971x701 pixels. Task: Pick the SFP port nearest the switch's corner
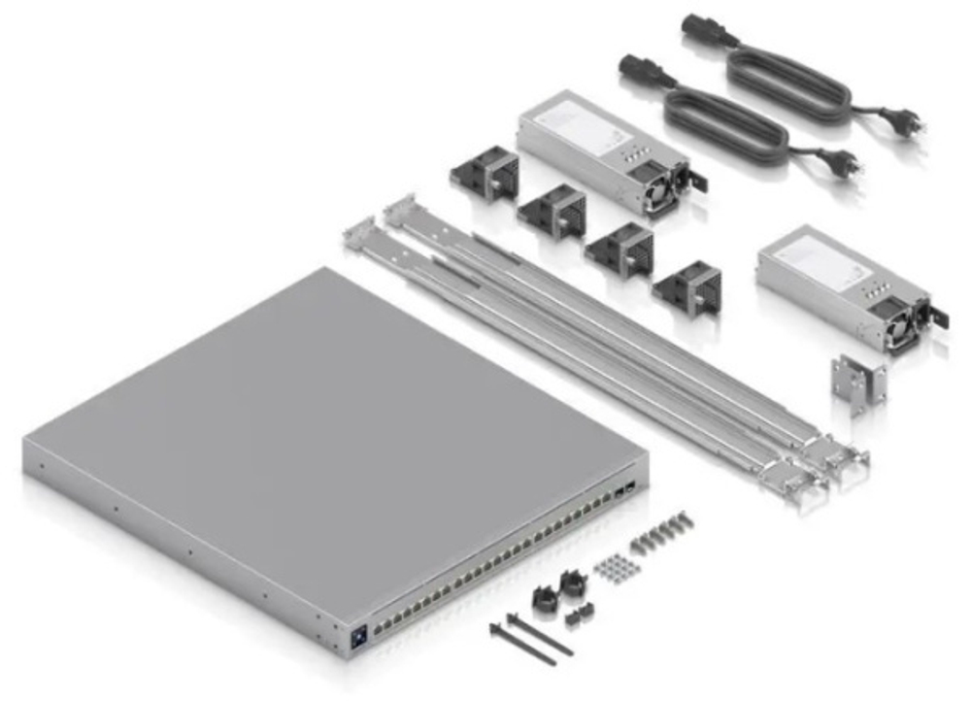(631, 484)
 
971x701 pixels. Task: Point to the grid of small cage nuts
(611, 568)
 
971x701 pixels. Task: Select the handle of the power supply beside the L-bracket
(936, 317)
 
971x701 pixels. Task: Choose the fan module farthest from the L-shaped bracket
(484, 174)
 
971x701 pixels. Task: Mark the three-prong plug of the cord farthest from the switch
(905, 122)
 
